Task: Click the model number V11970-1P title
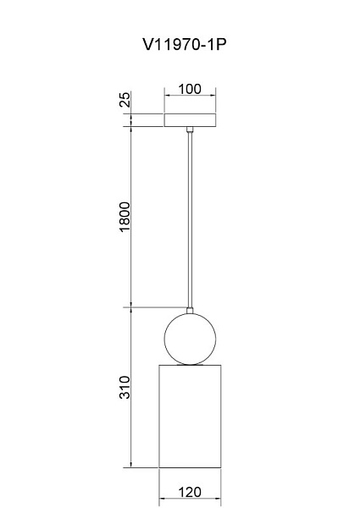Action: coord(184,44)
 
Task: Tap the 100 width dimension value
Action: coord(190,89)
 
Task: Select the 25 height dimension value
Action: coord(125,99)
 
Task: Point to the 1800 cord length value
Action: coord(125,217)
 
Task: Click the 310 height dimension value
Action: coord(125,388)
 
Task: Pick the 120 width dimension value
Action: coord(190,493)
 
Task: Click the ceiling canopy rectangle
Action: coord(190,120)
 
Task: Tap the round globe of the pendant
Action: coord(190,340)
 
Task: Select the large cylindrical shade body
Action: coord(190,417)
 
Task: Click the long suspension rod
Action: coord(190,219)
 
